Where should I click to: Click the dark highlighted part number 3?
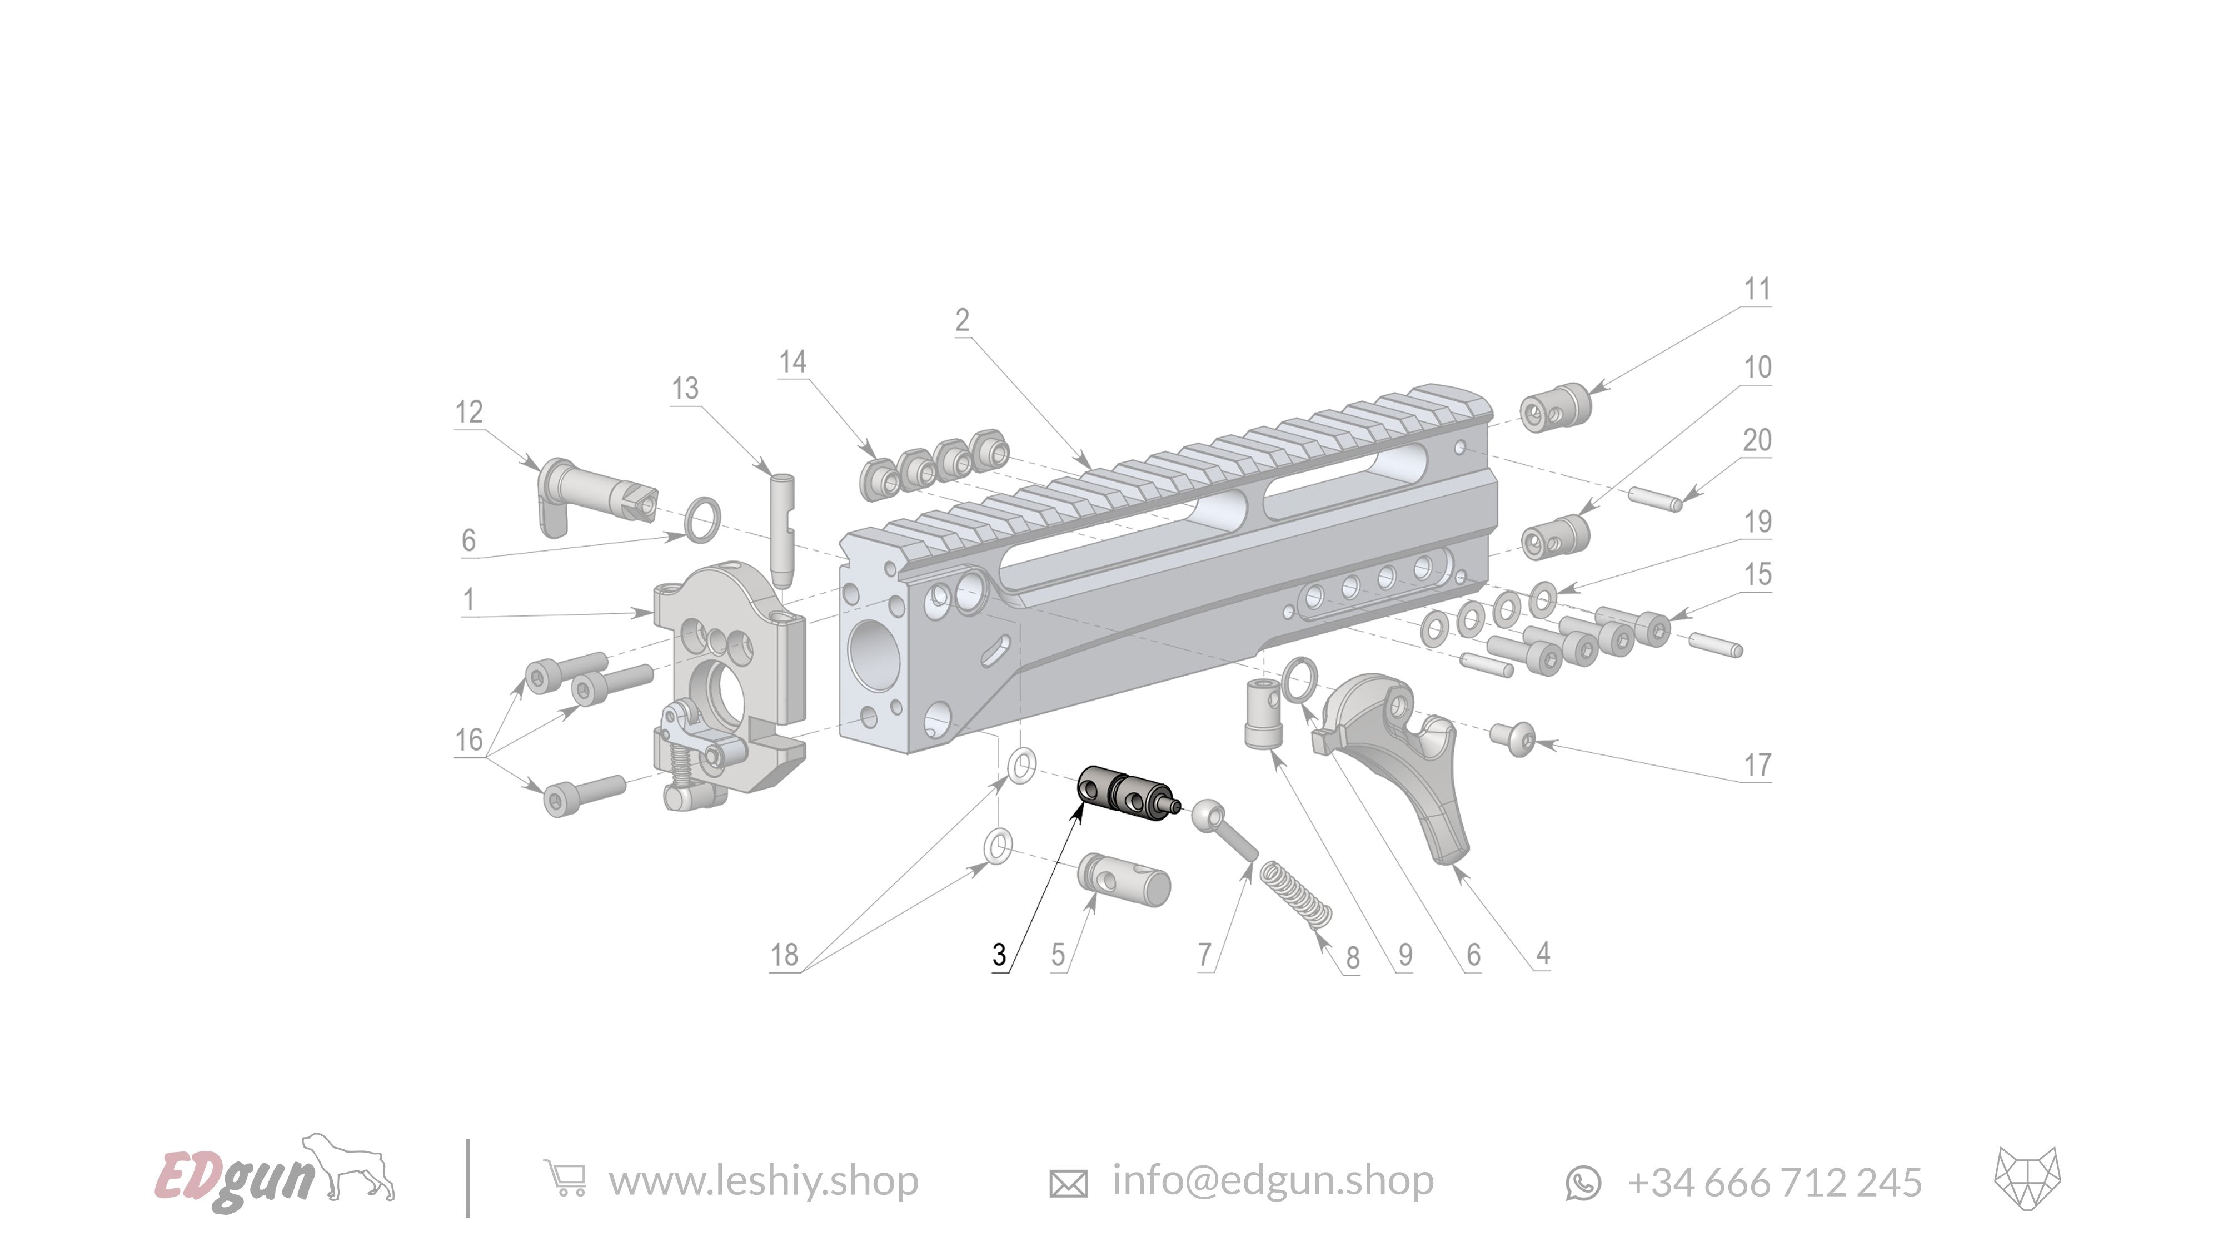pyautogui.click(x=1126, y=792)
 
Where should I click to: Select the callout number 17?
pyautogui.click(x=1757, y=765)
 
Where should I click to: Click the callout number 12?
pyautogui.click(x=468, y=412)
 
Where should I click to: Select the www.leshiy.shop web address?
pyautogui.click(x=763, y=1180)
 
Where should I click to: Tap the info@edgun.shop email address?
pyautogui.click(x=1272, y=1180)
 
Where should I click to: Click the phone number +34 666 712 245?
pyautogui.click(x=1775, y=1182)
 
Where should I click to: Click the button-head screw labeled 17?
pyautogui.click(x=1513, y=739)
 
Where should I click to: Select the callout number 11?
pyautogui.click(x=1757, y=289)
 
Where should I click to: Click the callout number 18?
pyautogui.click(x=784, y=955)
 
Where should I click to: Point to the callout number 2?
pyautogui.click(x=962, y=320)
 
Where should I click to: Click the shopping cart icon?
pyautogui.click(x=565, y=1179)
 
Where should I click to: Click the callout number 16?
pyautogui.click(x=468, y=740)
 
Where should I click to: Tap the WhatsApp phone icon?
pyautogui.click(x=1583, y=1183)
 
